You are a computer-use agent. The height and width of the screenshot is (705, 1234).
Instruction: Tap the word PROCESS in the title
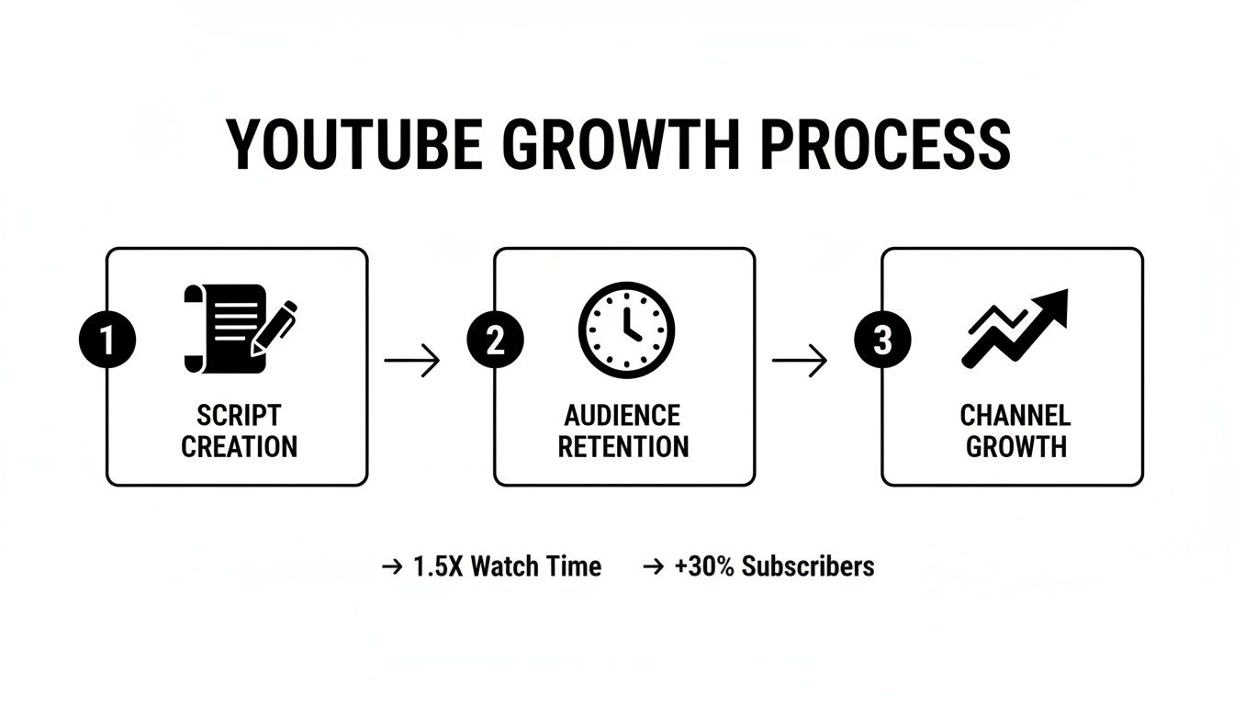(x=886, y=145)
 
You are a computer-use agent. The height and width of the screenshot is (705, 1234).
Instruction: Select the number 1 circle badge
(x=107, y=341)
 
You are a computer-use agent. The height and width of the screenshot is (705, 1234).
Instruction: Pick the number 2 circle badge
(x=495, y=341)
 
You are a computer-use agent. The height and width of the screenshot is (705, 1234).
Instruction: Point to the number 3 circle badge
(x=882, y=341)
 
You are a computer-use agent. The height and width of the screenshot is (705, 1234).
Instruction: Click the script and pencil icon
(x=241, y=328)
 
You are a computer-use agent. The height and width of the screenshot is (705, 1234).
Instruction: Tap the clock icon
(x=626, y=330)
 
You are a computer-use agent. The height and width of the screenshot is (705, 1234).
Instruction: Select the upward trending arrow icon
(x=1015, y=328)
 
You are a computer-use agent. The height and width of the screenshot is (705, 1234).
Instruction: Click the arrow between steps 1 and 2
(x=412, y=360)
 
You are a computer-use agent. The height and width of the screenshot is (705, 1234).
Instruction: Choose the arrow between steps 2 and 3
(x=799, y=360)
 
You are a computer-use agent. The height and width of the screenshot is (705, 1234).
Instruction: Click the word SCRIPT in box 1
(x=239, y=415)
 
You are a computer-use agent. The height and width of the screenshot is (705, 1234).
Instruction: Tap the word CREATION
(x=239, y=447)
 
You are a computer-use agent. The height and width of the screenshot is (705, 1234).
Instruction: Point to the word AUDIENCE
(x=623, y=415)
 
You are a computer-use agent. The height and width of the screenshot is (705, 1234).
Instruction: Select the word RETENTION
(x=623, y=447)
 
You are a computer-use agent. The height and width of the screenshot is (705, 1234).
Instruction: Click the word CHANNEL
(x=1015, y=415)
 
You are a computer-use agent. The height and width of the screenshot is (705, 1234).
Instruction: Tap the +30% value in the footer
(x=704, y=566)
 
